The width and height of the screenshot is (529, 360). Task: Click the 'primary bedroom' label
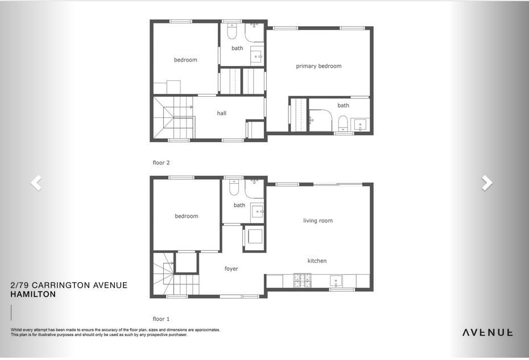pyautogui.click(x=319, y=66)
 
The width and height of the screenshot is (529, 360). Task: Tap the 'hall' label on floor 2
pyautogui.click(x=221, y=113)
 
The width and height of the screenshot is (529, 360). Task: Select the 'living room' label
pyautogui.click(x=318, y=221)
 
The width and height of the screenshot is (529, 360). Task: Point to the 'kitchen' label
pyautogui.click(x=317, y=260)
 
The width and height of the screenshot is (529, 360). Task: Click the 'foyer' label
pyautogui.click(x=231, y=268)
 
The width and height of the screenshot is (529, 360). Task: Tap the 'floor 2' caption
pyautogui.click(x=161, y=163)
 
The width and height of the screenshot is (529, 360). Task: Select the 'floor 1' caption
pyautogui.click(x=161, y=319)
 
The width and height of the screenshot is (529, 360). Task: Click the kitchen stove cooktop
pyautogui.click(x=302, y=280)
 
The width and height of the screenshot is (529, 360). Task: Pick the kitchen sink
pyautogui.click(x=336, y=281)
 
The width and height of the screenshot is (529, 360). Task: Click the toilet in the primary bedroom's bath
pyautogui.click(x=343, y=124)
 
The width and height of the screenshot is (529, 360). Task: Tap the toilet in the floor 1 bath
pyautogui.click(x=234, y=187)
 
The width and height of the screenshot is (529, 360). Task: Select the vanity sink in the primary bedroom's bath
pyautogui.click(x=360, y=125)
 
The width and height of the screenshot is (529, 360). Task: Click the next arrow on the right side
pyautogui.click(x=487, y=183)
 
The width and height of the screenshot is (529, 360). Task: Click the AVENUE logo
pyautogui.click(x=487, y=332)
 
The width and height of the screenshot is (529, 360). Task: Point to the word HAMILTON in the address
pyautogui.click(x=33, y=294)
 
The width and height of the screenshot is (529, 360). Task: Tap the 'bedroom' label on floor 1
pyautogui.click(x=186, y=216)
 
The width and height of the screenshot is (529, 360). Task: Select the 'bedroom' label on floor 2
pyautogui.click(x=185, y=60)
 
